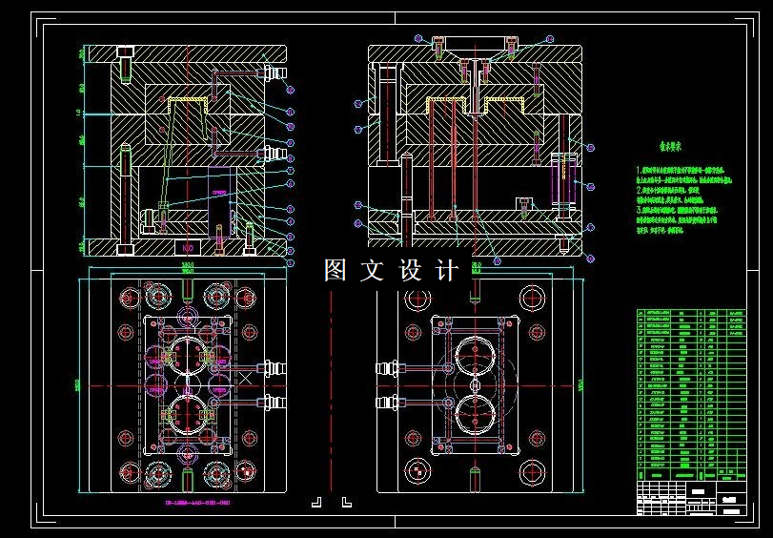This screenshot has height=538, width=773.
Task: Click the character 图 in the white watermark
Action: (335, 271)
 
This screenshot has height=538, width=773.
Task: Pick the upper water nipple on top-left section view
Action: (276, 72)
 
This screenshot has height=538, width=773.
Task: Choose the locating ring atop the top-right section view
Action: (474, 40)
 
